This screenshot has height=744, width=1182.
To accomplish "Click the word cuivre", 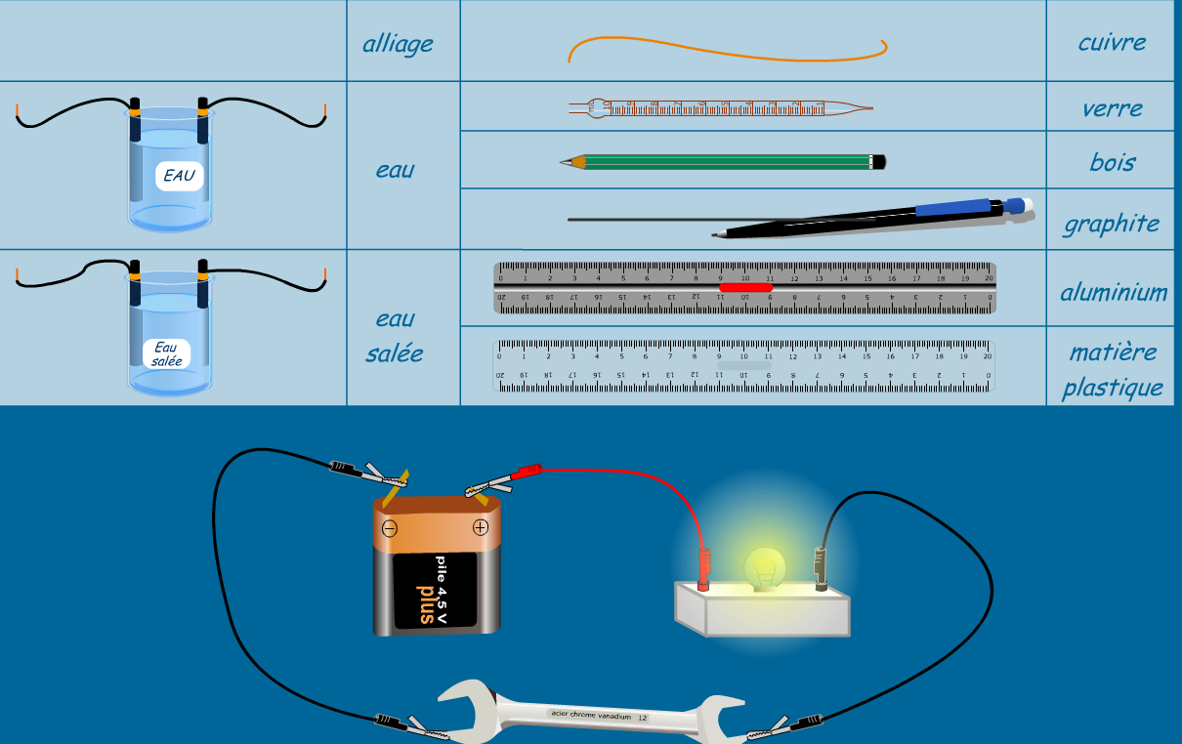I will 1112,42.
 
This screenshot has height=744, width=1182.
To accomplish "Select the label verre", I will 1112,107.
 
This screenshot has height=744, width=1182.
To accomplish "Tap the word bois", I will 1112,161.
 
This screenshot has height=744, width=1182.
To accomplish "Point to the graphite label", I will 1111,224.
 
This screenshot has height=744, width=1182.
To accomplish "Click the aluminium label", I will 1114,292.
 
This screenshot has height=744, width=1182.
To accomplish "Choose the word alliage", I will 398,44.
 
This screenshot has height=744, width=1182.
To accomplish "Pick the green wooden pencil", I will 723,161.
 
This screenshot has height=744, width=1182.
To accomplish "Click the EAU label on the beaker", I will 179,177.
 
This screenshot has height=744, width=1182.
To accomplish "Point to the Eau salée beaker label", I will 166,353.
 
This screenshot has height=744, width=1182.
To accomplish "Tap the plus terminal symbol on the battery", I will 480,527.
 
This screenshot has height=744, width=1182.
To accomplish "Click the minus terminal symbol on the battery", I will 390,529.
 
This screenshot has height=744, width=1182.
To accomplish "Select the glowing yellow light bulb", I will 765,565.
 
